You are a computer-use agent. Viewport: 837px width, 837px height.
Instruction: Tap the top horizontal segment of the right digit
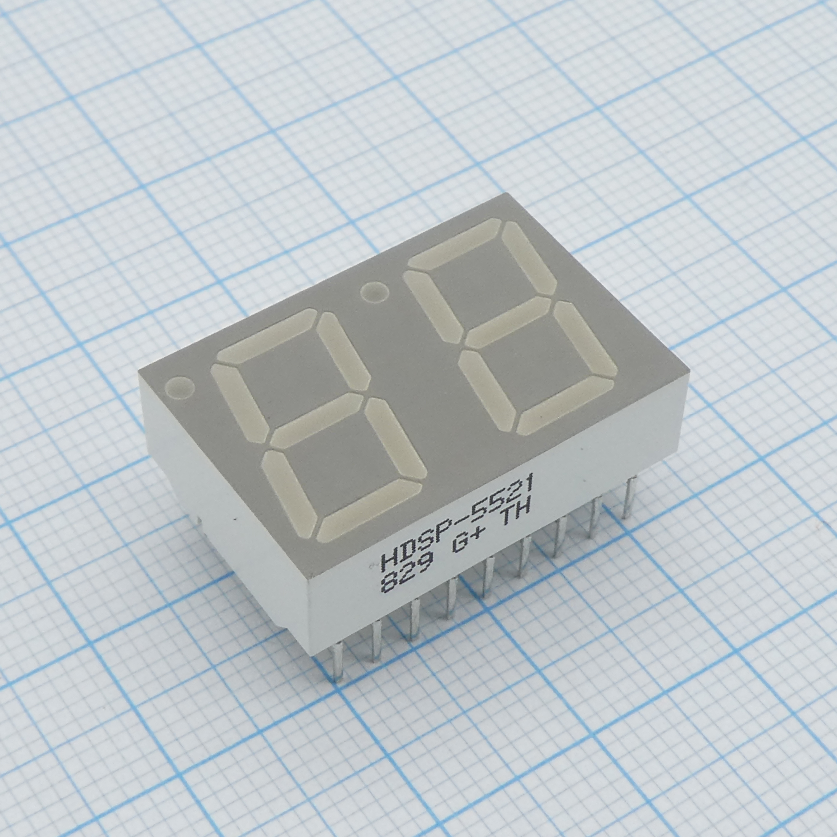455,243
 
